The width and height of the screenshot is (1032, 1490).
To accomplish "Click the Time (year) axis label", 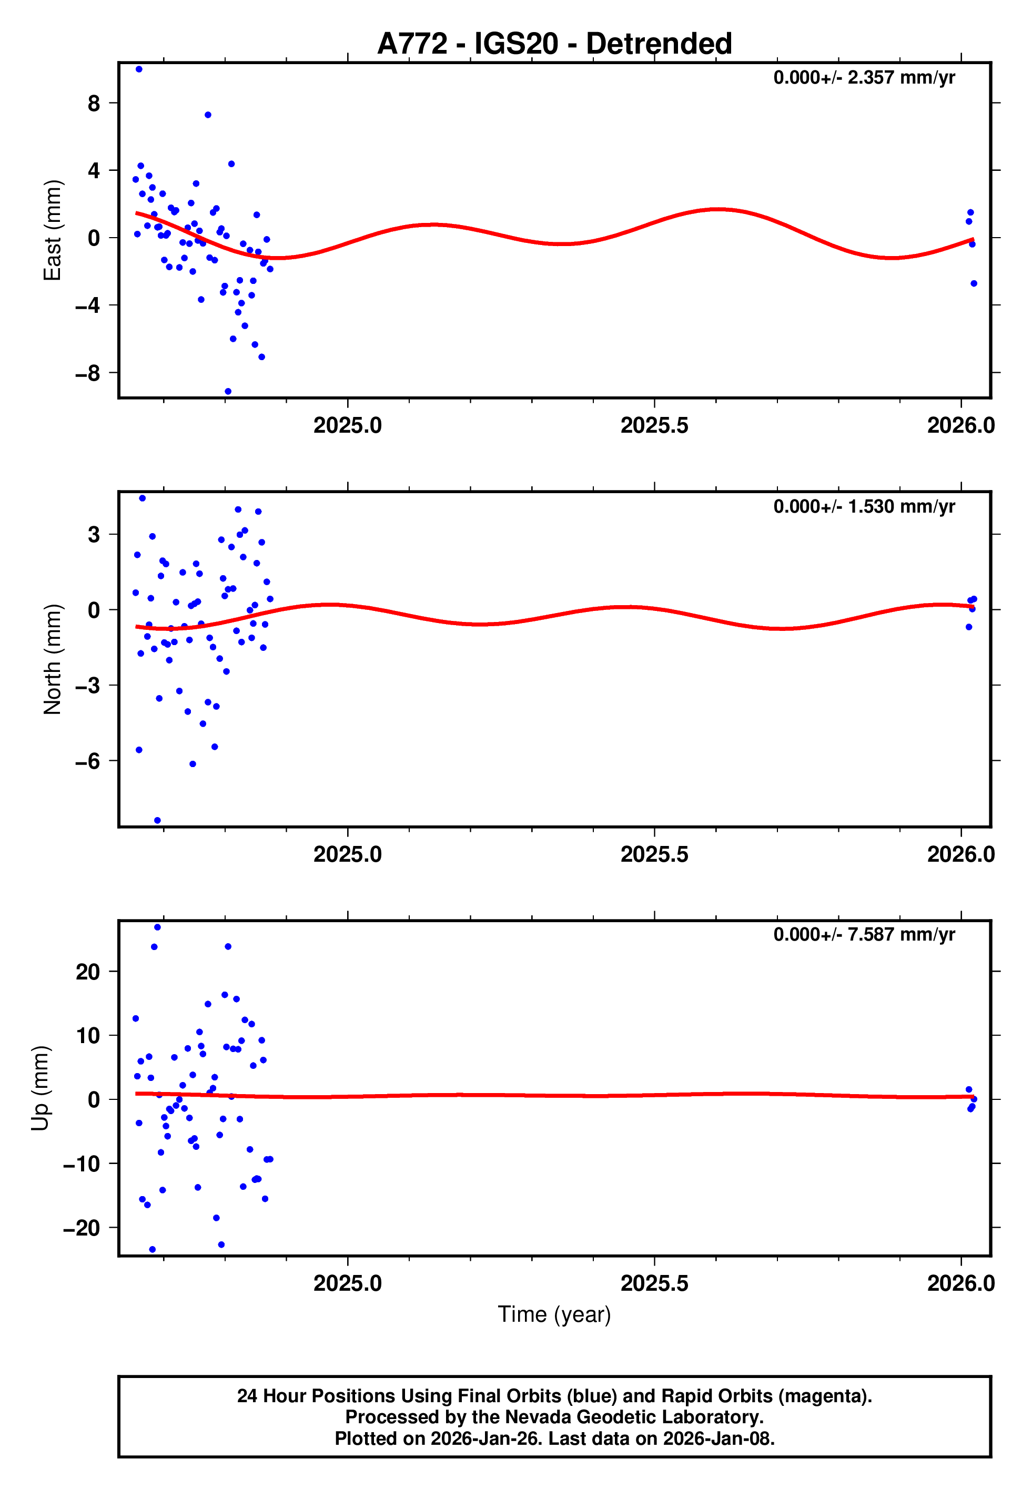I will [x=554, y=1314].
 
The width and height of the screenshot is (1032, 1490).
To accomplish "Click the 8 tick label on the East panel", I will [x=94, y=103].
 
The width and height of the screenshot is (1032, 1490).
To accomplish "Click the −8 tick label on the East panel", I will [x=88, y=373].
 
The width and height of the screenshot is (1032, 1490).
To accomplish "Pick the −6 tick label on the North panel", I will [x=88, y=761].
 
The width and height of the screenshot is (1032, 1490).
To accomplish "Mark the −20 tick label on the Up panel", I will [x=82, y=1228].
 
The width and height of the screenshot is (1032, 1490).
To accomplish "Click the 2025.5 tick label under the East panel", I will [x=654, y=425].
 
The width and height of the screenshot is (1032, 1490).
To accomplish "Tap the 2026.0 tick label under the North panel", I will [x=961, y=854].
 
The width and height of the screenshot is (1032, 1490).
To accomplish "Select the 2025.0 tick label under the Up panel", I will [x=348, y=1283].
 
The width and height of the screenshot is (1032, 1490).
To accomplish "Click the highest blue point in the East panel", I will [x=139, y=69].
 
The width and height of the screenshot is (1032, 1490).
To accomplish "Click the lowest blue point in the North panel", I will [x=157, y=821].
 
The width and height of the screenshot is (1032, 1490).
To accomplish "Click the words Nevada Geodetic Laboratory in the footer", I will [x=634, y=1417].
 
